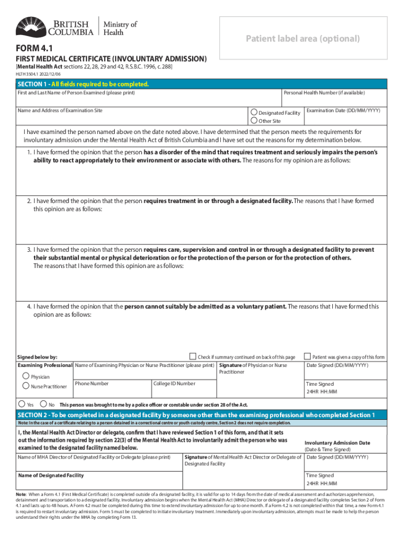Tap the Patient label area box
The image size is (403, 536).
pyautogui.click(x=304, y=39)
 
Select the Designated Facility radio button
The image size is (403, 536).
pyautogui.click(x=254, y=112)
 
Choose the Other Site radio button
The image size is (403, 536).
pyautogui.click(x=254, y=121)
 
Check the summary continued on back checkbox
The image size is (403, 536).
pyautogui.click(x=193, y=356)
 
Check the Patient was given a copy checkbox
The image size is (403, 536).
pyautogui.click(x=308, y=356)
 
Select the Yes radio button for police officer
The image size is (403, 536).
pyautogui.click(x=21, y=404)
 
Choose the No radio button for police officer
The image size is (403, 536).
pyautogui.click(x=43, y=404)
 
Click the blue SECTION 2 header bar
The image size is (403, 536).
pyautogui.click(x=201, y=415)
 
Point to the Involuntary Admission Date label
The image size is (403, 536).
pyautogui.click(x=337, y=443)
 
